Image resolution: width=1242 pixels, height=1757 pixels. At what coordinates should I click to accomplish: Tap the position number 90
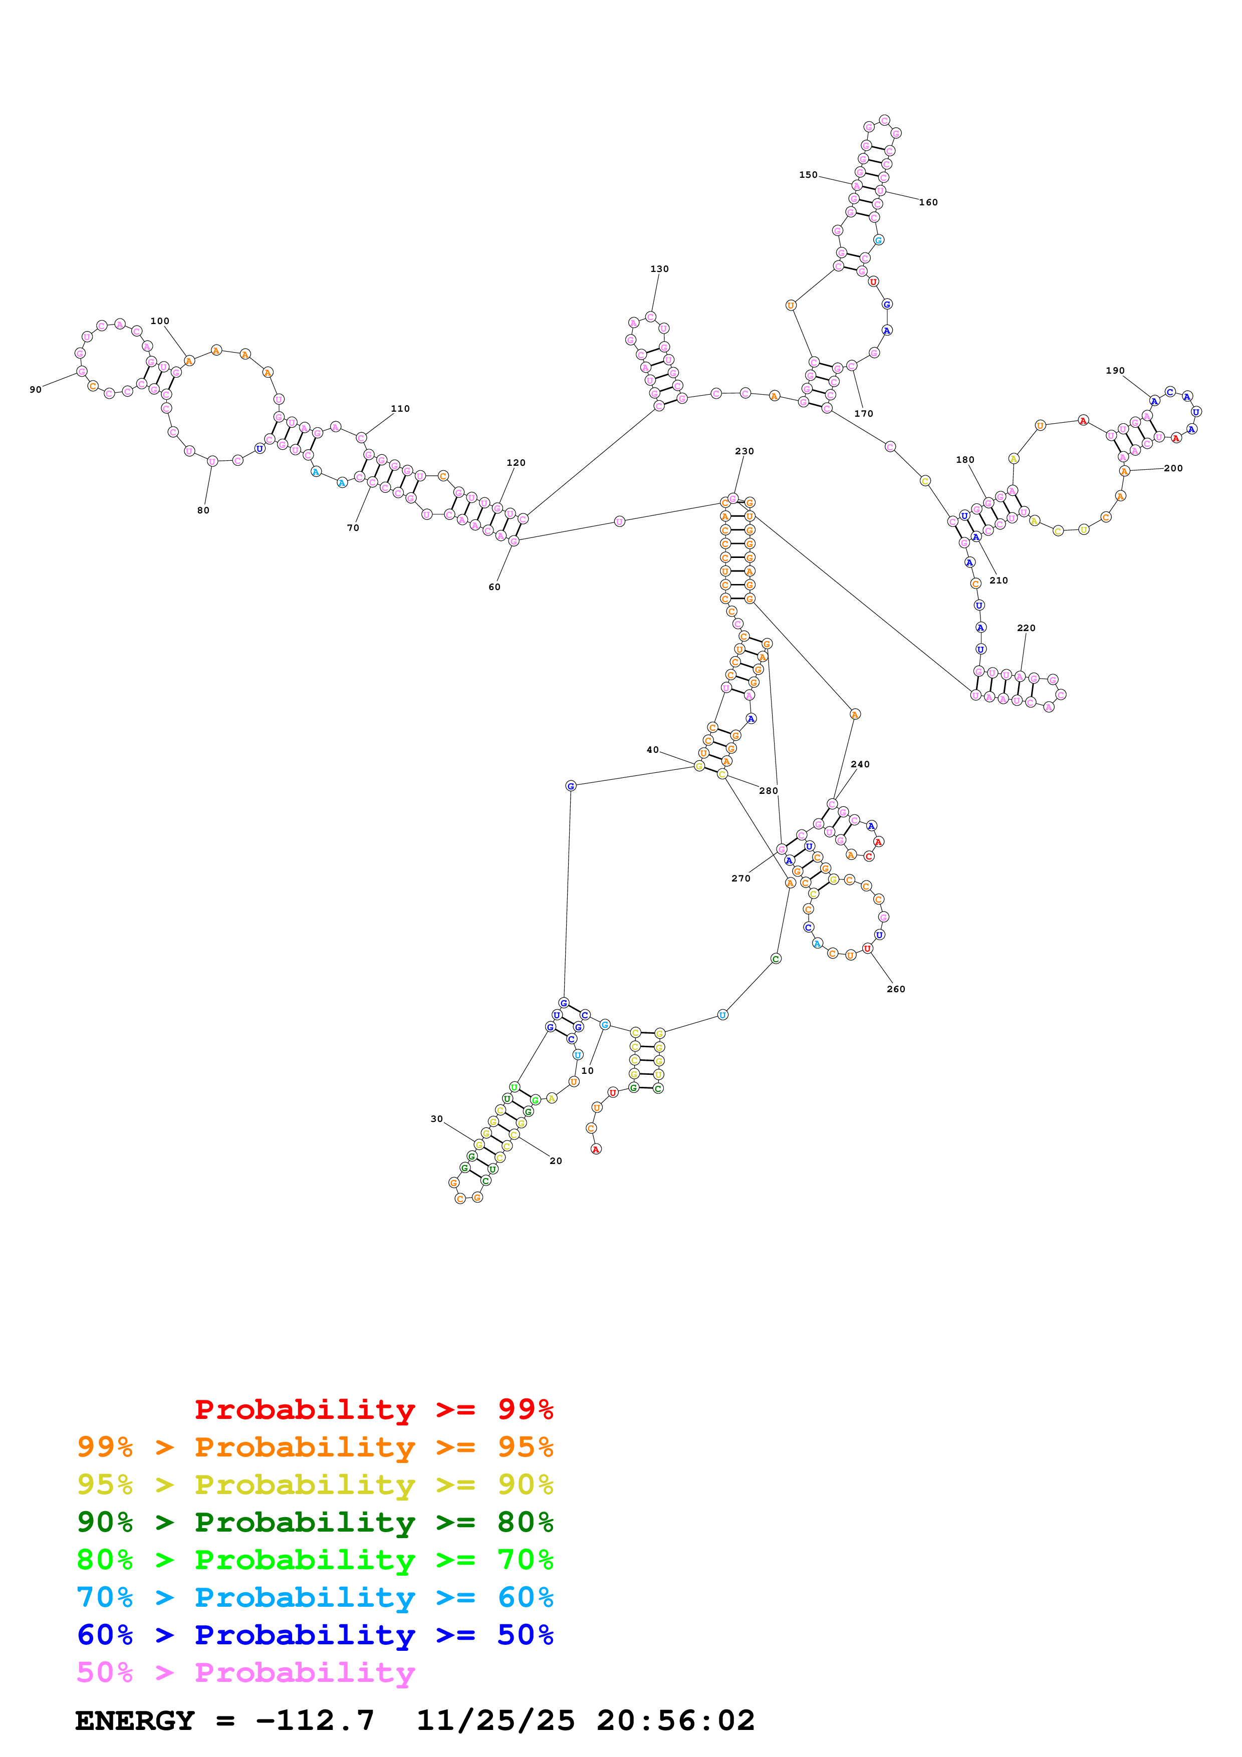coord(35,390)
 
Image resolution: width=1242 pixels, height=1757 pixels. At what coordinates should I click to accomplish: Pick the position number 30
coord(436,1119)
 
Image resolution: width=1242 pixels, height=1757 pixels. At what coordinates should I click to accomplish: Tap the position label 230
coord(744,451)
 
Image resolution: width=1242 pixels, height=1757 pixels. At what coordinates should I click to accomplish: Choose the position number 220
coord(1026,628)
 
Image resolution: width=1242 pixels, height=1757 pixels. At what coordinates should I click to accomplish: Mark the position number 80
coord(203,510)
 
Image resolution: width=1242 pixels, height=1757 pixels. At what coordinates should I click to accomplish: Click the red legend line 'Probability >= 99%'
coord(373,1409)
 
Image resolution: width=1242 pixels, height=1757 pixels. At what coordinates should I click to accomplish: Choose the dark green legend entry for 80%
coord(315,1522)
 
